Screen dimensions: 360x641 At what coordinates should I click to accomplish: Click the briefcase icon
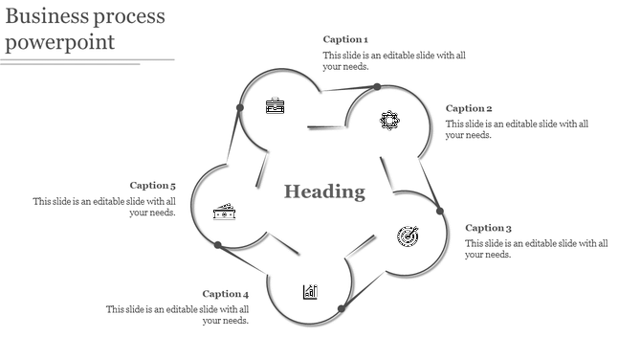[275, 105]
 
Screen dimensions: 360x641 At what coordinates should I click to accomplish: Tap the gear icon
[389, 120]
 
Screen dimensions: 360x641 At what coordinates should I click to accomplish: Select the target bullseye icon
[409, 235]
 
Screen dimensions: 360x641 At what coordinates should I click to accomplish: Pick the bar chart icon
[310, 291]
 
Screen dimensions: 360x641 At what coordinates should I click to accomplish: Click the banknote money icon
[224, 213]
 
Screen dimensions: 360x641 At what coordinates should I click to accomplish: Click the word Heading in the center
[324, 191]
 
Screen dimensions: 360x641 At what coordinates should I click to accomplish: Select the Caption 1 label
[345, 39]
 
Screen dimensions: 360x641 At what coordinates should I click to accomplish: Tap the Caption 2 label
[469, 108]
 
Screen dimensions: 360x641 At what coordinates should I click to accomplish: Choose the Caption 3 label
[488, 228]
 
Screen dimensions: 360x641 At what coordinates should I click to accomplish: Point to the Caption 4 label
[226, 294]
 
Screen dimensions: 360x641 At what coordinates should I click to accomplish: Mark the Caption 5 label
[153, 186]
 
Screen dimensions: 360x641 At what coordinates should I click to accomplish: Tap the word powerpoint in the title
[60, 42]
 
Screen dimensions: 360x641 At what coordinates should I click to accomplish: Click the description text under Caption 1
[394, 61]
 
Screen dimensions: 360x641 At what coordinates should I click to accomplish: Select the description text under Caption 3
[536, 249]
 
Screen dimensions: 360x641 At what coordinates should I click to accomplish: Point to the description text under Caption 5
[105, 207]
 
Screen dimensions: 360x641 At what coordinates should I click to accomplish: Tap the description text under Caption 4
[178, 315]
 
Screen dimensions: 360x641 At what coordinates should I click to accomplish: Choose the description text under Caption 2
[517, 129]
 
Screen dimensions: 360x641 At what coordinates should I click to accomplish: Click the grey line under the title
[86, 61]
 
